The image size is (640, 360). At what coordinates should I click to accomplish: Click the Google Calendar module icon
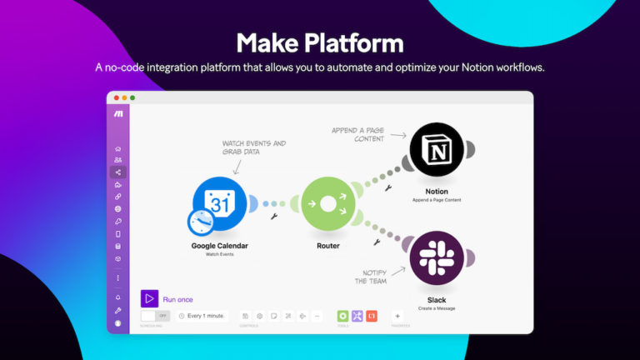pos(219,203)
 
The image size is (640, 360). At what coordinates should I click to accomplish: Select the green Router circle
pos(327,204)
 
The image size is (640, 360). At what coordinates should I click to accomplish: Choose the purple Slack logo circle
pos(436,258)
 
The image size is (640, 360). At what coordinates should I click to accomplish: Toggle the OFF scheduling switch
pos(155,316)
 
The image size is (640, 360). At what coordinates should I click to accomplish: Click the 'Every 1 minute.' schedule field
pos(202,316)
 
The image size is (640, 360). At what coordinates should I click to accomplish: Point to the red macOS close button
pos(116,97)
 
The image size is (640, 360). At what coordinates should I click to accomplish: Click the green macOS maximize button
pos(132,97)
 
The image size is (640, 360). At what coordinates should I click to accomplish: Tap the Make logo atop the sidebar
pos(118,113)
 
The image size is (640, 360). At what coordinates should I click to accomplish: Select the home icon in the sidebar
pos(118,148)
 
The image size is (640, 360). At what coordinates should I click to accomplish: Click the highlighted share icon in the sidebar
pos(118,172)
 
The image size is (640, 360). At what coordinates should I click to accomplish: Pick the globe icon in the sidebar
pos(118,209)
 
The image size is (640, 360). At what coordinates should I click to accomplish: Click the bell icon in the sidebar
pos(118,297)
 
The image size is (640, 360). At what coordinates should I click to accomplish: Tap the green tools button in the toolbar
pos(342,316)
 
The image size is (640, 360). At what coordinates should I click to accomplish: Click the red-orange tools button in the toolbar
pos(372,316)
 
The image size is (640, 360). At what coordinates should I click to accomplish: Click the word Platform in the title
pos(354,43)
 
